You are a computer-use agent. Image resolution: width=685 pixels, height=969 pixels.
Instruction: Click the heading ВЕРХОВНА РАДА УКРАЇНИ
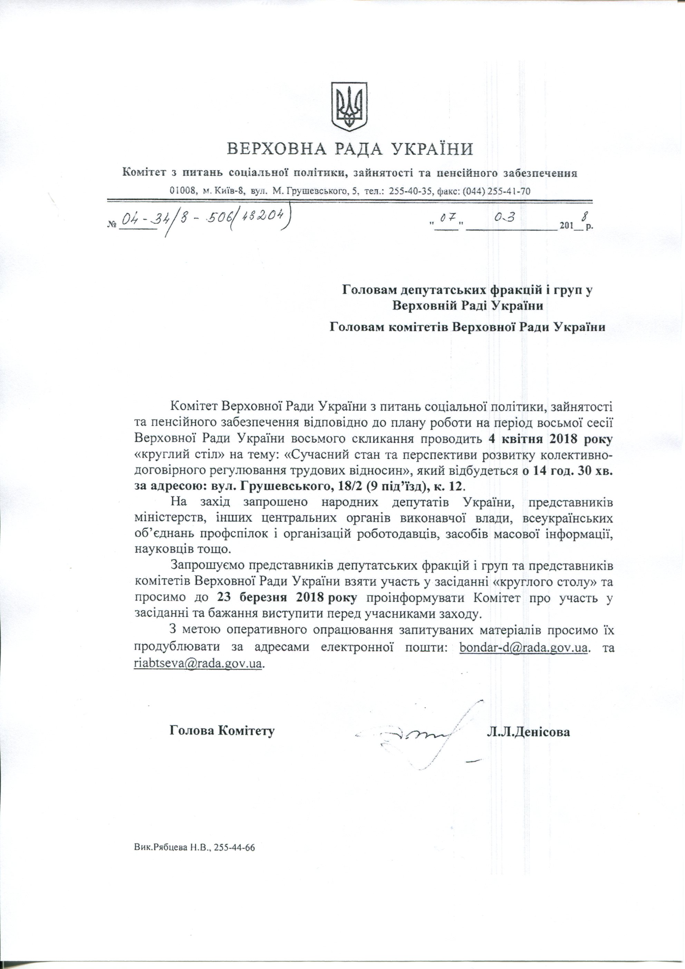coord(350,149)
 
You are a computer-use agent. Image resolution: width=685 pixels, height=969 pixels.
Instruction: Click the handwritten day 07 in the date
coord(447,218)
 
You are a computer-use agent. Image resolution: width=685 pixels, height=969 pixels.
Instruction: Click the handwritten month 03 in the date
coord(505,218)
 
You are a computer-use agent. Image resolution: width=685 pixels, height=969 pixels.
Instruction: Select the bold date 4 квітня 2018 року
coord(550,438)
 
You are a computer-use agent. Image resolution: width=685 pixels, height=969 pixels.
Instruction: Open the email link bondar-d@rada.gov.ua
coord(523,647)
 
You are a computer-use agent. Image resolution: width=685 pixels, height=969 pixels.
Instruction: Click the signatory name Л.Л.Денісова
coord(528,732)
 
